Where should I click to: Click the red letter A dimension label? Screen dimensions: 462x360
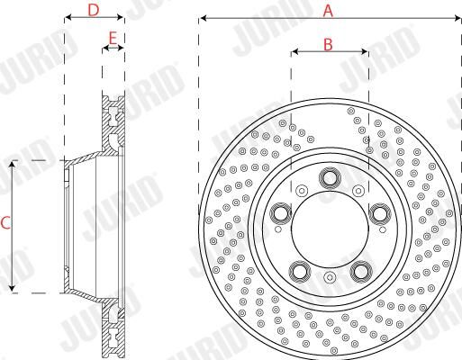click(328, 11)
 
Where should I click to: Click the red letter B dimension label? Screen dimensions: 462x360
click(328, 45)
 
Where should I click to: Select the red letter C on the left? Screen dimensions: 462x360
click(5, 223)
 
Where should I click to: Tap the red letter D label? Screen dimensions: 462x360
click(94, 10)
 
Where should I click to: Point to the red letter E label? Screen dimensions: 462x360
click(113, 39)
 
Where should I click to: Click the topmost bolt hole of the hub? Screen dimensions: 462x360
click(330, 178)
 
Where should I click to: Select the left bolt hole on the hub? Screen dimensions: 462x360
click(281, 213)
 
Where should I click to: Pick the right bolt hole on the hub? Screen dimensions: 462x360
click(380, 214)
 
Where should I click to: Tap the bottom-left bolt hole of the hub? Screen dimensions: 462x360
click(300, 272)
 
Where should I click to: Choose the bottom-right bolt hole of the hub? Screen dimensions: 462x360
click(361, 272)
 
